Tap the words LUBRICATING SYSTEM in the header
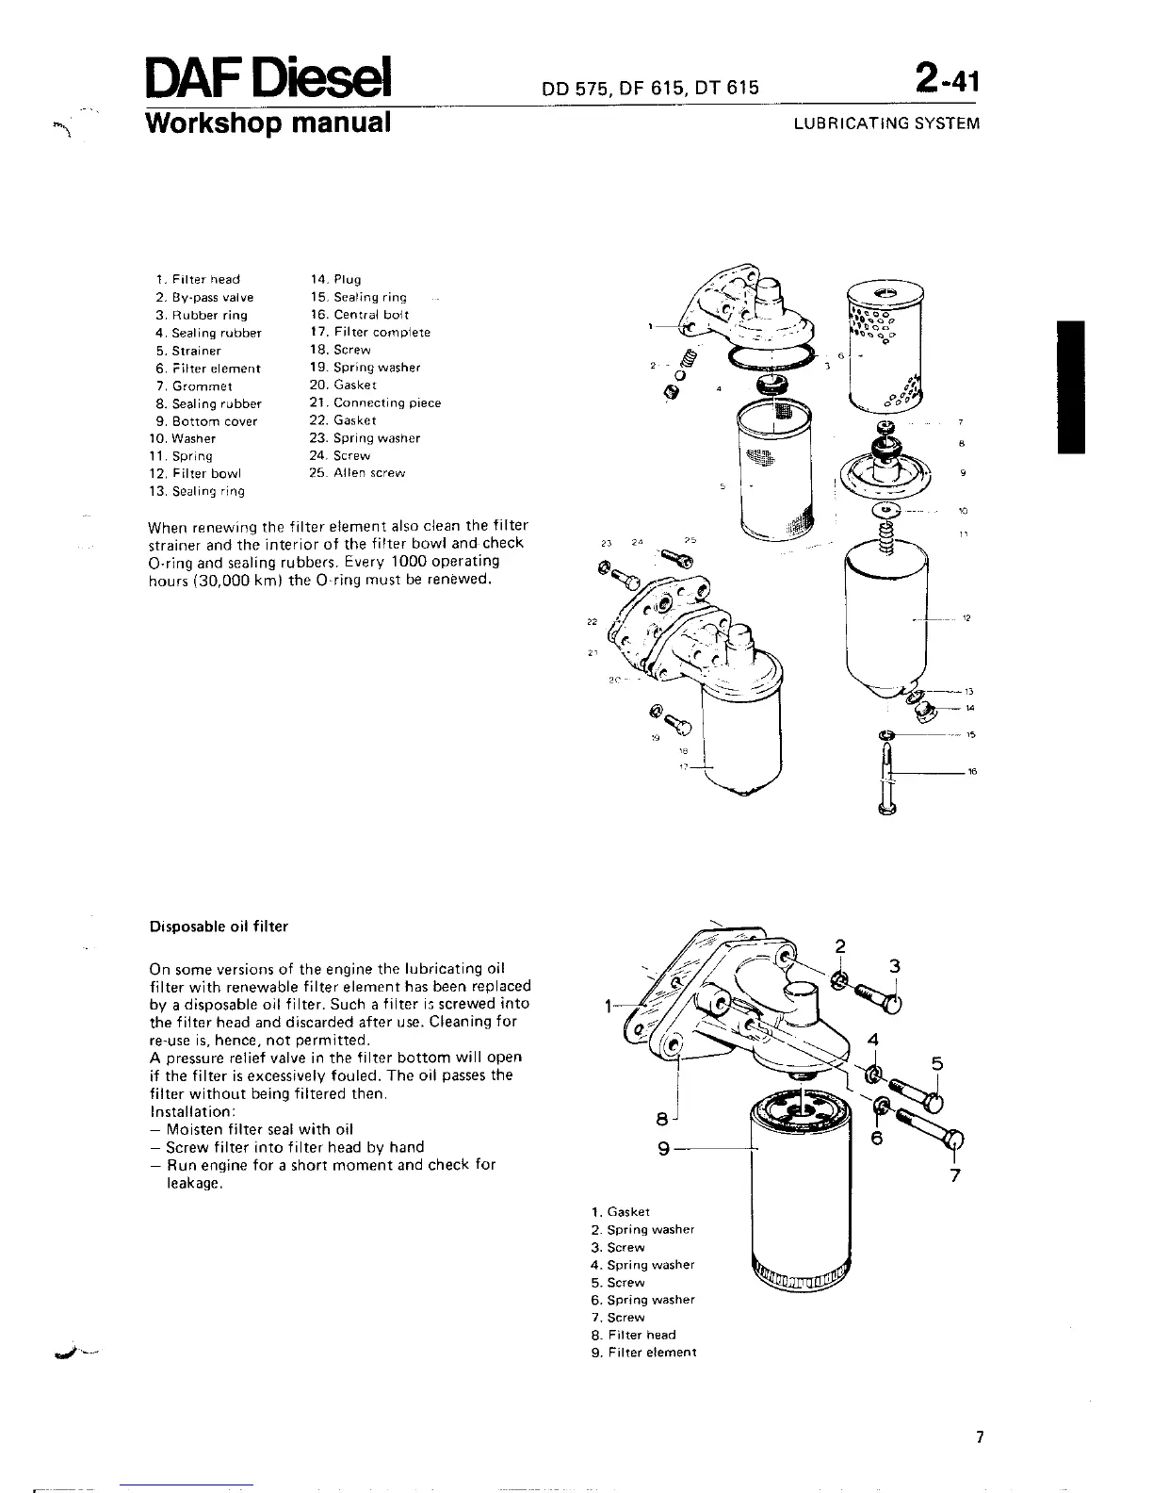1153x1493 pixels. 886,123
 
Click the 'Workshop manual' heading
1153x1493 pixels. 268,123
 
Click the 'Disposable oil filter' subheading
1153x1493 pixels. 219,927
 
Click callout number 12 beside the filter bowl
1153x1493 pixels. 966,618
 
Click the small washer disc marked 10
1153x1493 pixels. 886,511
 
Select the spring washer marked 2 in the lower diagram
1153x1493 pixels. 838,981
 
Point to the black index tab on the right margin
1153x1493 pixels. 1072,386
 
